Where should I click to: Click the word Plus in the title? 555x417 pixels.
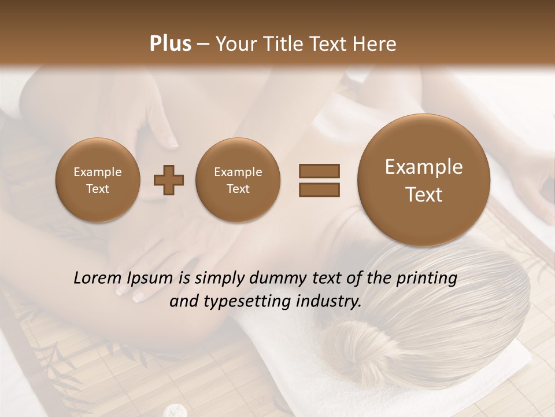(170, 44)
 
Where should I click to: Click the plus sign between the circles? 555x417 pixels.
(169, 180)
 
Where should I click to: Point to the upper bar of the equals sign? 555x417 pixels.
(319, 171)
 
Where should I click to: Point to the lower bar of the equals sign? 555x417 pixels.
(319, 189)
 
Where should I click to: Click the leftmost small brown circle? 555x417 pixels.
(97, 180)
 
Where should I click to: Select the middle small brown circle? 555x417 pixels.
(238, 180)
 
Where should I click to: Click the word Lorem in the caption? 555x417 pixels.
(99, 279)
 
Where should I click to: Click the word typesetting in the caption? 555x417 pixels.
(254, 302)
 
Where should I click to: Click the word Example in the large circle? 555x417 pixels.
(424, 167)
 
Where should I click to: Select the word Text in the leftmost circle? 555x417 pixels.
(97, 189)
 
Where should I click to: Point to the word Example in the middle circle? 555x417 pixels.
(238, 172)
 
